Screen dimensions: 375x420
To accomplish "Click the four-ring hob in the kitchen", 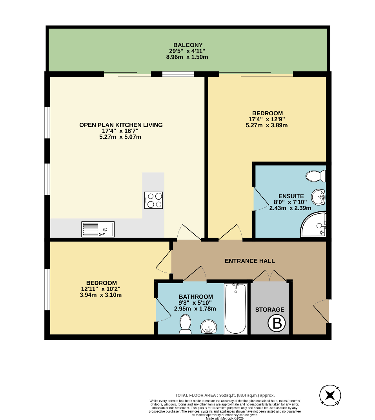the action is (x=153, y=200).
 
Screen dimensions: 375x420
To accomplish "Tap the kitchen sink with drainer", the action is (x=98, y=229).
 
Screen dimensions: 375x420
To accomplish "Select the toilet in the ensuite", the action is (x=316, y=176).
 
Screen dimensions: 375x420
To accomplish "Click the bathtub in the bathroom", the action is (x=235, y=309).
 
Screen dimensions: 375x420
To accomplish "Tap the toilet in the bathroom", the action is (x=185, y=324).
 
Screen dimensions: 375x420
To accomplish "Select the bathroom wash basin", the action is (x=209, y=327).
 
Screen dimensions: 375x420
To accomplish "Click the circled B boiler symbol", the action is (x=277, y=323).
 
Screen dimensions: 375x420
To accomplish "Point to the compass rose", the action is (x=330, y=395).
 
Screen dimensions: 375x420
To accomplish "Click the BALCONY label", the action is (x=188, y=45).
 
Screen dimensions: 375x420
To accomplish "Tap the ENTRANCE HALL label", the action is (x=249, y=261).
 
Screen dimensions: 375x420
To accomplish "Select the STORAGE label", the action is (x=270, y=310).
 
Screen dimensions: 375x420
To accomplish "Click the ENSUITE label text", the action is (x=291, y=196).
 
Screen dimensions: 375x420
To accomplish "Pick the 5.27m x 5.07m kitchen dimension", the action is (x=120, y=137).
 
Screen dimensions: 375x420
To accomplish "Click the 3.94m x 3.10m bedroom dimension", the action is (x=101, y=295).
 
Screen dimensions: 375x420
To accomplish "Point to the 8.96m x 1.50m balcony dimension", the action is (x=187, y=57).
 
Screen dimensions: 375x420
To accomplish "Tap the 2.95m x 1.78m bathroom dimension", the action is (x=195, y=309).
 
